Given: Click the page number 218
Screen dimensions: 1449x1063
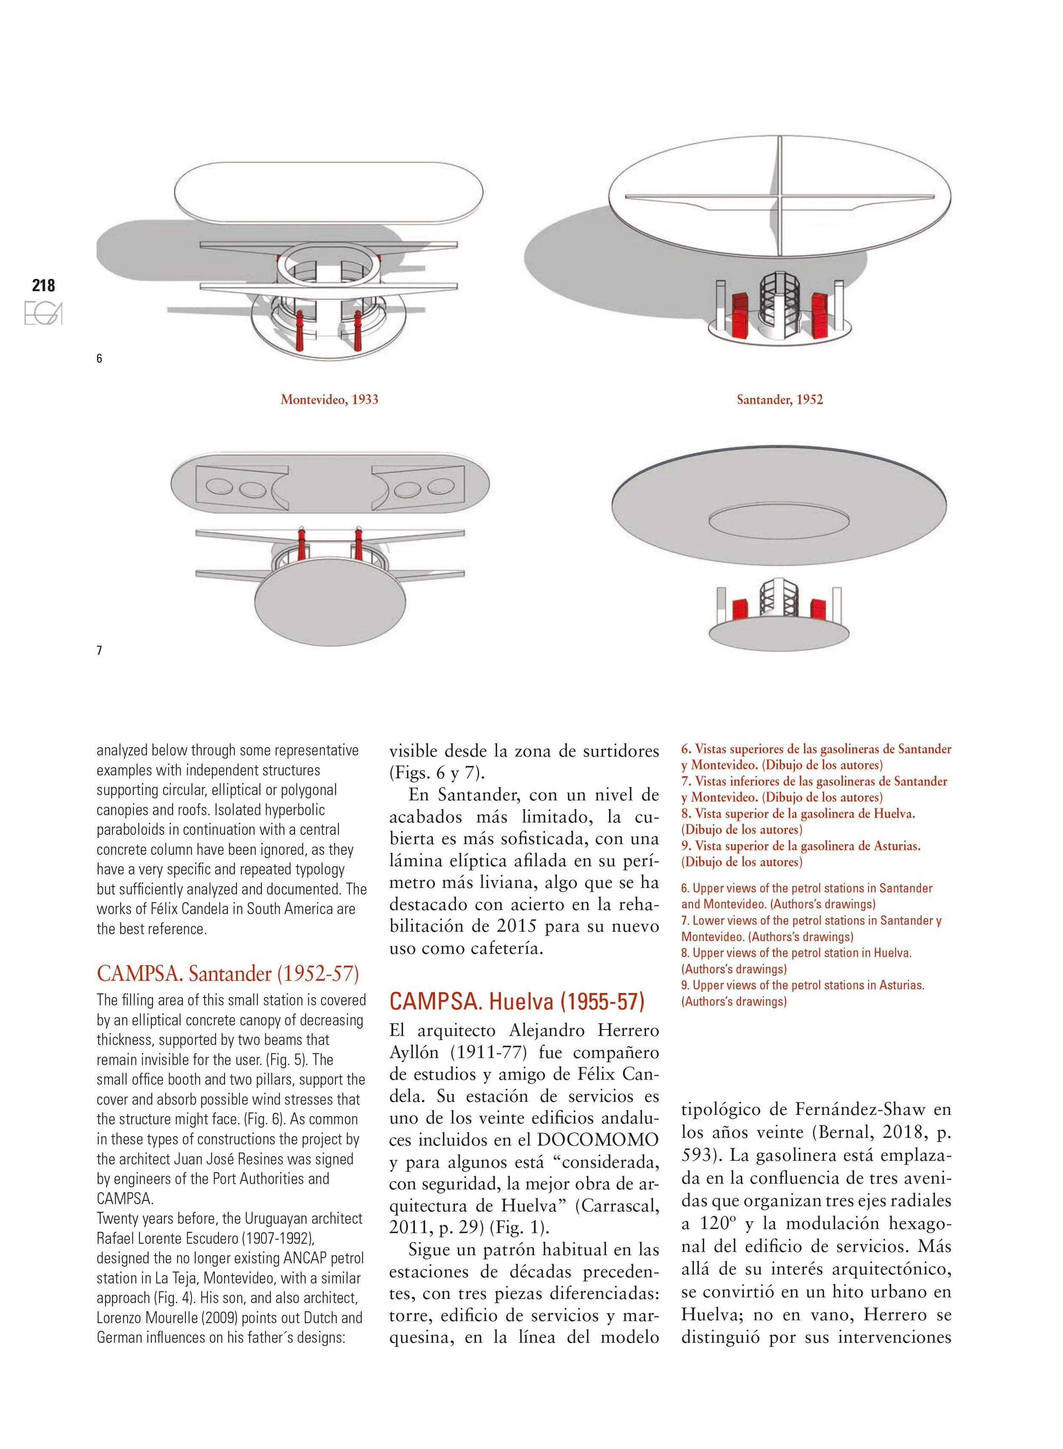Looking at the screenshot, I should [44, 285].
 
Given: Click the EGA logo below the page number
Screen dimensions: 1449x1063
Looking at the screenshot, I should [43, 314].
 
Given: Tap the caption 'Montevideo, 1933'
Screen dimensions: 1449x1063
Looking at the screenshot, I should [330, 400].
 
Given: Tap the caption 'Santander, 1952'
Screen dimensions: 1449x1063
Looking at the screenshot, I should [780, 400].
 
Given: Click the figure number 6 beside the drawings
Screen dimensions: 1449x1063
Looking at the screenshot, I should [99, 359].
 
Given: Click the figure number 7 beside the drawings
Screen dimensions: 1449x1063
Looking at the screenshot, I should [99, 651].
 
